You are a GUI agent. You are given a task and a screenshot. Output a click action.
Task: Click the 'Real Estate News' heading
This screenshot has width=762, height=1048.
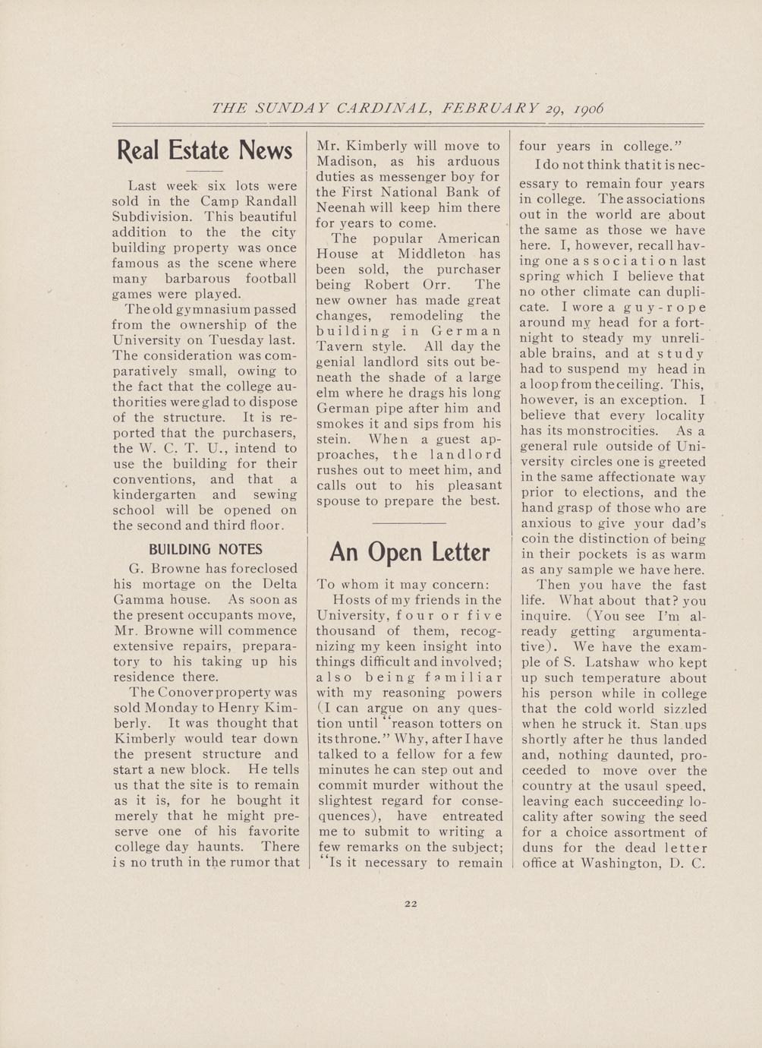[205, 150]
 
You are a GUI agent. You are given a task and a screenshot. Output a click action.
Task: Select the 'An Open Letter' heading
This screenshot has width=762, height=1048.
[409, 552]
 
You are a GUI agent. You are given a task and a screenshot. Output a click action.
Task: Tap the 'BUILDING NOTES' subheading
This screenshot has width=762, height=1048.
[205, 549]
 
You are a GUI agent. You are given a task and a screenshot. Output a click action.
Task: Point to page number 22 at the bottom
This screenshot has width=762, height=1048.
[411, 904]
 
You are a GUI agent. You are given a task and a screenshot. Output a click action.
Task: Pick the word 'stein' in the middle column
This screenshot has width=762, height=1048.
[332, 440]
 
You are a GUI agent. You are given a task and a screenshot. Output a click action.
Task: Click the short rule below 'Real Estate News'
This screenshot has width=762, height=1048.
[204, 172]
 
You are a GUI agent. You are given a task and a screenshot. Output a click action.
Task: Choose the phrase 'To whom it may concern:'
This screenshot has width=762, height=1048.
[403, 585]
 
